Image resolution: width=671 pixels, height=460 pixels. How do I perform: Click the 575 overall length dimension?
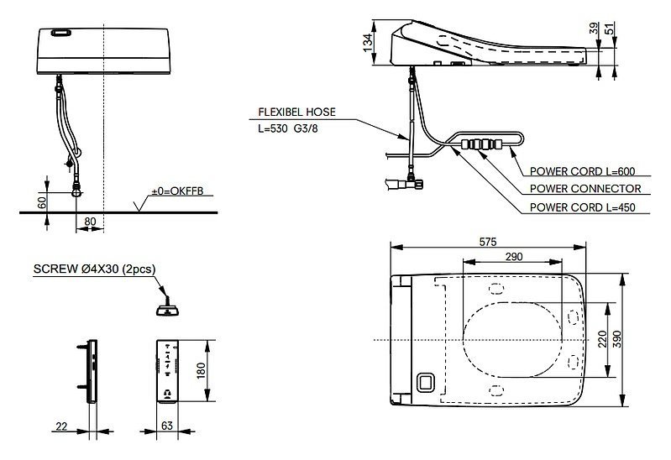click(x=487, y=242)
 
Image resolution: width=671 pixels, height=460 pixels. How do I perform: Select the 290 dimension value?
click(x=513, y=256)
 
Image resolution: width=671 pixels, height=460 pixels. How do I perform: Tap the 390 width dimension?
click(x=616, y=339)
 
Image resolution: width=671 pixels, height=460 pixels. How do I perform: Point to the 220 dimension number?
click(x=602, y=339)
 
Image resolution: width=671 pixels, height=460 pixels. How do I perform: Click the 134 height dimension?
click(x=368, y=43)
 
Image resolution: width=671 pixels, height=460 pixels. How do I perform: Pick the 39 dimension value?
click(x=594, y=29)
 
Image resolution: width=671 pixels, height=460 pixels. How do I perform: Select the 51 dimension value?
click(x=610, y=29)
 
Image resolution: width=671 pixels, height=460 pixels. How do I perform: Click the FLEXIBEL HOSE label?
click(x=296, y=112)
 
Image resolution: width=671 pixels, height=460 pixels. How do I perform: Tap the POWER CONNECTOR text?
click(x=585, y=188)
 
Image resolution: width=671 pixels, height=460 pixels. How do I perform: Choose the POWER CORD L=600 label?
click(x=582, y=171)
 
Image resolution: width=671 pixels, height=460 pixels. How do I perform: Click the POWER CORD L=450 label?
click(x=582, y=207)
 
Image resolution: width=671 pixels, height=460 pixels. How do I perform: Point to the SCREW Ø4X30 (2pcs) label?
click(x=95, y=269)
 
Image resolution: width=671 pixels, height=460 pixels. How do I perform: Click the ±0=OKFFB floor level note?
click(x=177, y=191)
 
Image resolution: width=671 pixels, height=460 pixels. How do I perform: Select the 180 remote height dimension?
click(x=201, y=370)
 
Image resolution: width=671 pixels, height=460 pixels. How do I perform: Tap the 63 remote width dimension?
click(x=167, y=426)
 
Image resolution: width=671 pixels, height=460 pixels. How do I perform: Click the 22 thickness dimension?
click(x=61, y=426)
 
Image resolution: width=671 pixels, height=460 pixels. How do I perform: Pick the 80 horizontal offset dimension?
click(x=91, y=222)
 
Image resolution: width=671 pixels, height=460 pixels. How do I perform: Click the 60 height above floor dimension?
click(x=42, y=202)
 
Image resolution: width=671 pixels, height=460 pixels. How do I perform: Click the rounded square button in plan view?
click(x=426, y=382)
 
